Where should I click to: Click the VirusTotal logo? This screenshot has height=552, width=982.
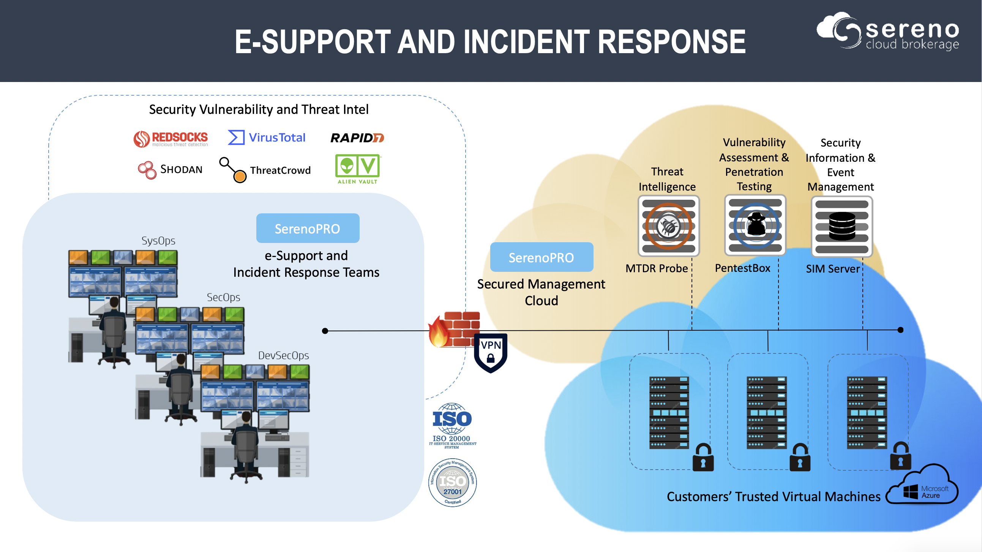(267, 137)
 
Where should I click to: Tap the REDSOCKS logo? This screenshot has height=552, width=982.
(171, 139)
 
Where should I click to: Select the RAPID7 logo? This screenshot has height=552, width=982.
(357, 137)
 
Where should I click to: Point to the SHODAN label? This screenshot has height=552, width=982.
(181, 170)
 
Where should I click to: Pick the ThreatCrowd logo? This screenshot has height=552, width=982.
(265, 170)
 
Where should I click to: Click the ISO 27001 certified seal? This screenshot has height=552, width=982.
(453, 483)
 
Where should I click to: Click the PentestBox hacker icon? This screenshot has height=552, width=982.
(755, 225)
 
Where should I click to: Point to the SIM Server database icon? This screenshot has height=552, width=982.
(842, 226)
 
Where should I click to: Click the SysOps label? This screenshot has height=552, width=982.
(158, 241)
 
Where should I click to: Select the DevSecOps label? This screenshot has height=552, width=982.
(283, 356)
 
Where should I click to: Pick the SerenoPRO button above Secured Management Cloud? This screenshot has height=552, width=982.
(542, 257)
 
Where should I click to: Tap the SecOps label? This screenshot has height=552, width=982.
(223, 297)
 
